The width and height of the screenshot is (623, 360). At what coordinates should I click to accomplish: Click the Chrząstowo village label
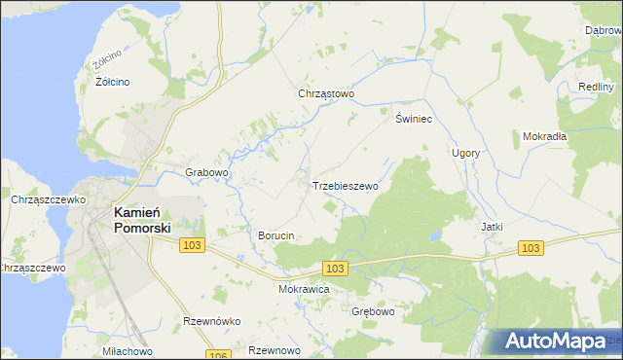pyautogui.click(x=326, y=94)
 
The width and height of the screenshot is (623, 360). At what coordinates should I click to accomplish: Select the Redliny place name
pyautogui.click(x=595, y=87)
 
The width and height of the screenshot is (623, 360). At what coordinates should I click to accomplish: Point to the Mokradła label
pyautogui.click(x=544, y=136)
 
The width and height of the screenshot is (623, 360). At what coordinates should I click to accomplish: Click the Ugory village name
pyautogui.click(x=465, y=153)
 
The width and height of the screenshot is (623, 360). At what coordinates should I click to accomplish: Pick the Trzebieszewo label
pyautogui.click(x=345, y=185)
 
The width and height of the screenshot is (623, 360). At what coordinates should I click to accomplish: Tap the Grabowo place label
pyautogui.click(x=206, y=173)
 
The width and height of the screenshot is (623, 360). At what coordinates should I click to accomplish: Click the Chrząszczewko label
pyautogui.click(x=45, y=199)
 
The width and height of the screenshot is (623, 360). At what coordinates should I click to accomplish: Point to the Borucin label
pyautogui.click(x=275, y=235)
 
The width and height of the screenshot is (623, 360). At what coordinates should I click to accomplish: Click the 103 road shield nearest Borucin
pyautogui.click(x=192, y=246)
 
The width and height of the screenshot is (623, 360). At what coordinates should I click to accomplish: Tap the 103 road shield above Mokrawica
pyautogui.click(x=335, y=268)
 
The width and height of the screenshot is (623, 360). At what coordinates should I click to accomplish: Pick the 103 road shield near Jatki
pyautogui.click(x=530, y=249)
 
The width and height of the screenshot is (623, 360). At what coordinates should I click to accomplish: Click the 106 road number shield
pyautogui.click(x=218, y=355)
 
